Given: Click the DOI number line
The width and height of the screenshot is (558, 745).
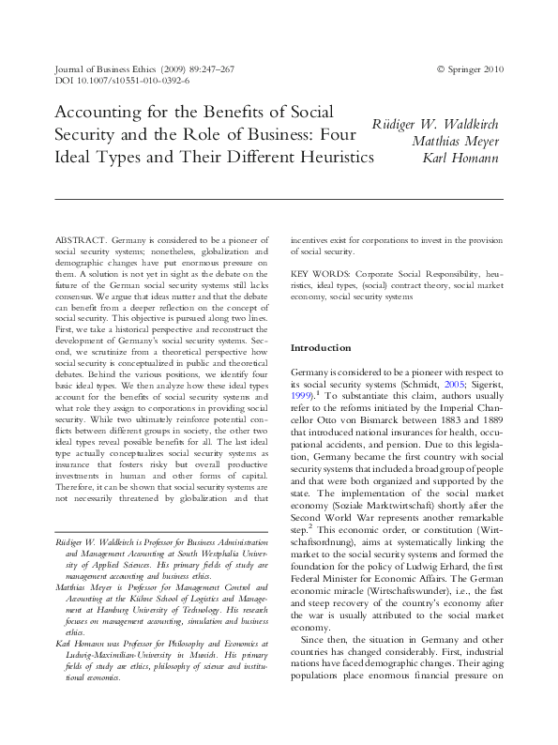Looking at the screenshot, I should [x=110, y=82].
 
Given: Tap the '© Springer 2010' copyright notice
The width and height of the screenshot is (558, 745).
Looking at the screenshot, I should [x=470, y=69].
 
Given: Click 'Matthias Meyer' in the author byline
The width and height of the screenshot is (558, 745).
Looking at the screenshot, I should [x=455, y=142].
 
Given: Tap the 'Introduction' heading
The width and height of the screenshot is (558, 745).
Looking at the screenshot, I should [x=323, y=347].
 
